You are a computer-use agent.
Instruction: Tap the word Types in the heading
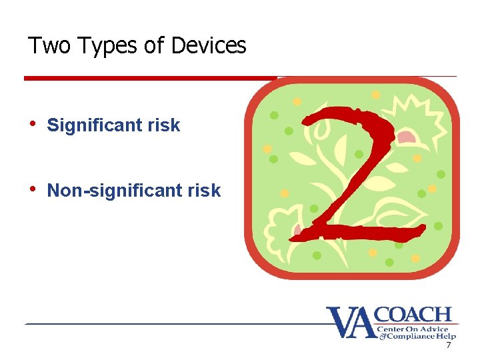tap(99, 46)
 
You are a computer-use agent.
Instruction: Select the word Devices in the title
tap(209, 45)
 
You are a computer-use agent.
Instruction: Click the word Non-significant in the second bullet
tap(113, 191)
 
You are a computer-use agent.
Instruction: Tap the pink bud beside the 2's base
tap(297, 229)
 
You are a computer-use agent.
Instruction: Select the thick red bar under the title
tap(150, 78)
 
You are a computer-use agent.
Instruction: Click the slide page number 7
tap(448, 345)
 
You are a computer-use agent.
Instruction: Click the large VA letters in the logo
tap(350, 323)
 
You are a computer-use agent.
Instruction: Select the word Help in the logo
tap(445, 337)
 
